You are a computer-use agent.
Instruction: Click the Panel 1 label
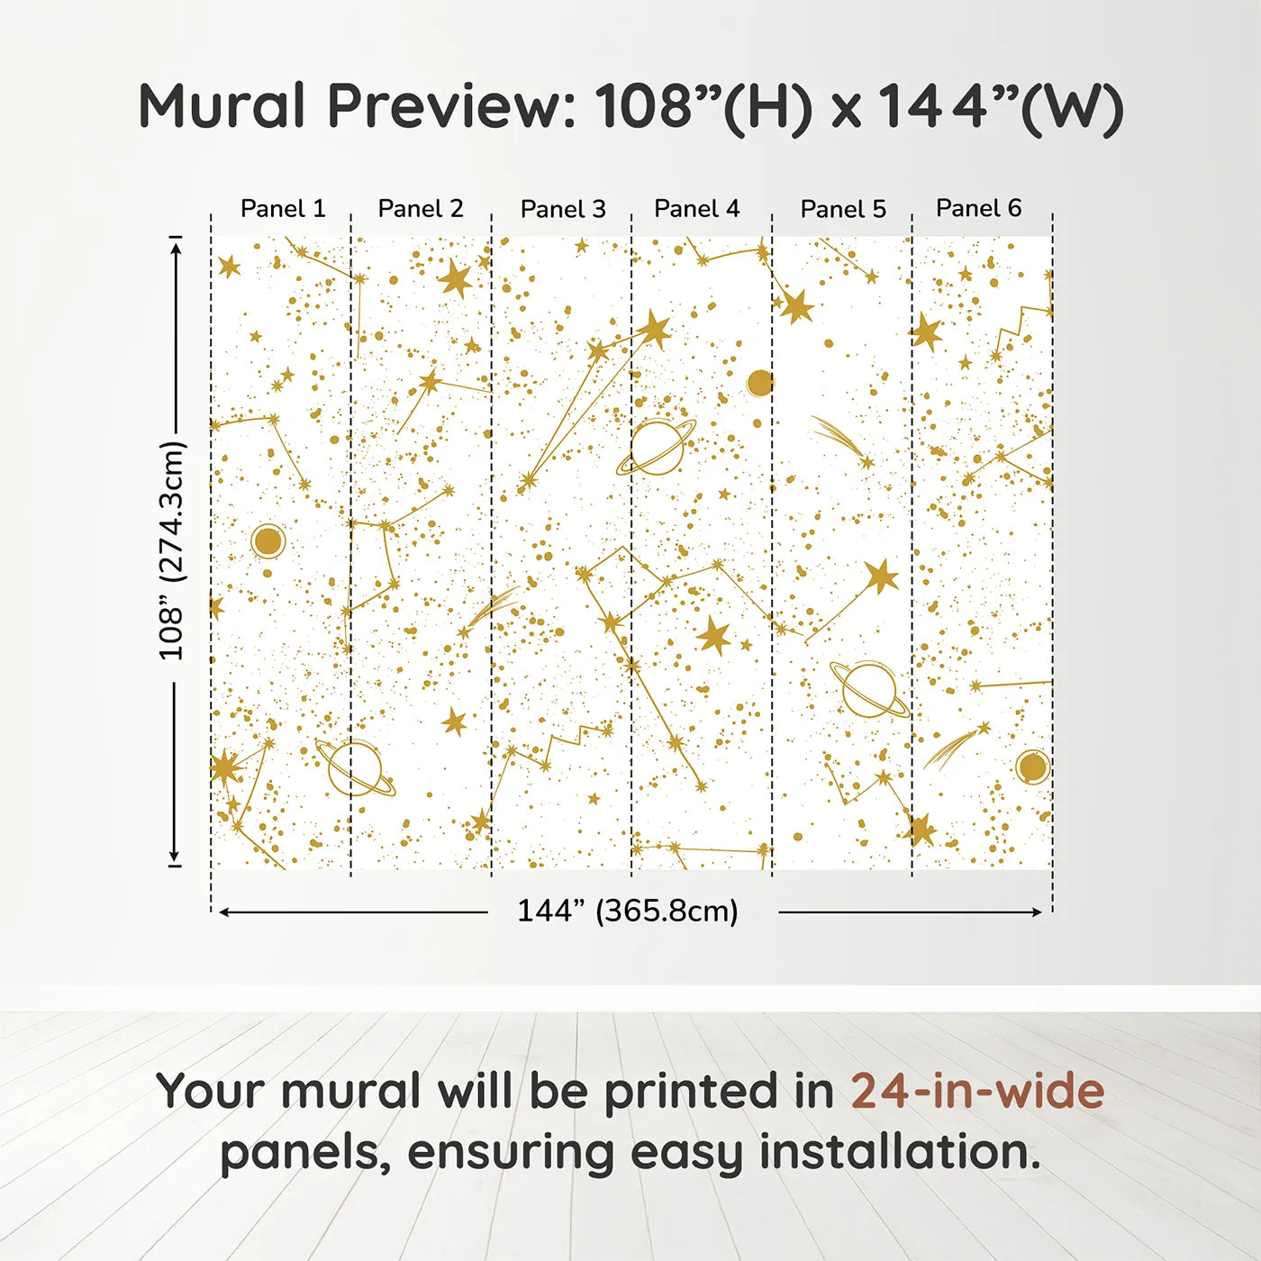(283, 209)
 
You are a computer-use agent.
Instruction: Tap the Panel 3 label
(563, 210)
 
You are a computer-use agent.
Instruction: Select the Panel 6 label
(978, 209)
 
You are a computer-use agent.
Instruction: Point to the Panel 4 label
(696, 209)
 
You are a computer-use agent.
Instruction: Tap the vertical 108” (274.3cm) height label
(171, 550)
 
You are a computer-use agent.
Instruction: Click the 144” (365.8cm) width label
(627, 912)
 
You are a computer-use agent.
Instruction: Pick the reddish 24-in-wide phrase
(977, 1092)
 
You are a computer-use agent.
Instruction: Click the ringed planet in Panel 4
(657, 448)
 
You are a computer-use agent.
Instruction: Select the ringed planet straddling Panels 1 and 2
(354, 768)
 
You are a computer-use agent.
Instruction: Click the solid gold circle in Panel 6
(1032, 767)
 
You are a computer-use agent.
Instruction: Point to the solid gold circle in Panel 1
(268, 541)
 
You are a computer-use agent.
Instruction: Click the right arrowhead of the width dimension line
(1038, 912)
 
